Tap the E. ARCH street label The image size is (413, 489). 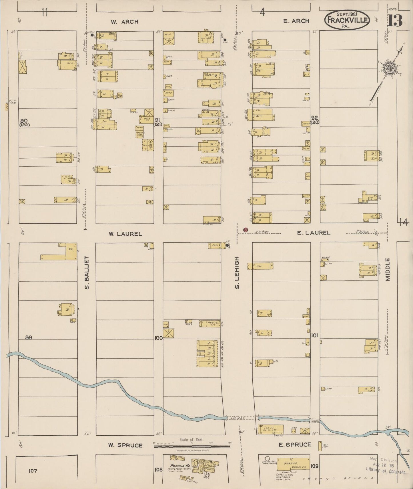296,21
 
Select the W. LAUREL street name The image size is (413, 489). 125,234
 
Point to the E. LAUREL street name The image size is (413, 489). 314,233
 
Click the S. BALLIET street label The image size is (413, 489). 87,272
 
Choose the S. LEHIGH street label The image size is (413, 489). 237,272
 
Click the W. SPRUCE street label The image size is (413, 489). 125,445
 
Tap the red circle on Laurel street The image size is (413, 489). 245,230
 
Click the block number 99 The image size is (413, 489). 29,338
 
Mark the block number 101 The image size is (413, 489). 314,336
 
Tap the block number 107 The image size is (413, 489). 33,471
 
